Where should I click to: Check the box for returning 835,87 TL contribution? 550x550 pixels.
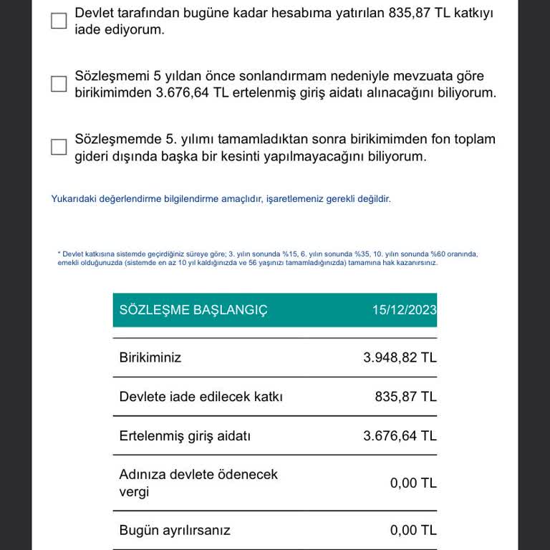(x=59, y=21)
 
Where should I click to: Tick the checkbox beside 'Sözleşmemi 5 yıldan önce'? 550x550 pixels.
(x=59, y=85)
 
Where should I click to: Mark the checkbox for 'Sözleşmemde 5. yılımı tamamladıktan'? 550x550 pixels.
(x=59, y=147)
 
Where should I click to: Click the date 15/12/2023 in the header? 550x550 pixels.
(x=404, y=310)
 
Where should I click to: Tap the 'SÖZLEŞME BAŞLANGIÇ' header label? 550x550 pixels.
(x=193, y=310)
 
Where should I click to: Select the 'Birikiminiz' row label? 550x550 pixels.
(x=150, y=357)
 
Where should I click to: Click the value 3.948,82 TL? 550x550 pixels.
(x=400, y=357)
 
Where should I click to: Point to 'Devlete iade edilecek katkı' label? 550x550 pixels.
(x=201, y=397)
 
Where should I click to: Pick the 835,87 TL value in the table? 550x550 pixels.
(x=405, y=397)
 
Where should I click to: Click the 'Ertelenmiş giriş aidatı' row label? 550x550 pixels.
(x=185, y=436)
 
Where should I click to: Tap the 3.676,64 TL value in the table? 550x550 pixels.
(x=400, y=436)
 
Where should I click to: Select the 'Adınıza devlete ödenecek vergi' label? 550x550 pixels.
(x=198, y=483)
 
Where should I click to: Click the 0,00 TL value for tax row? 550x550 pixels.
(x=413, y=483)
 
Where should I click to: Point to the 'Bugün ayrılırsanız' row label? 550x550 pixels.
(x=175, y=531)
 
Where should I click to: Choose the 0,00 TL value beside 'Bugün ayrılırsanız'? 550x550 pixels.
(x=413, y=531)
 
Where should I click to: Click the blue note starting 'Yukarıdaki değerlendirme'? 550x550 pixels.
(x=221, y=199)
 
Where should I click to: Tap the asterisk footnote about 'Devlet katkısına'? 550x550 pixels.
(x=268, y=258)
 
